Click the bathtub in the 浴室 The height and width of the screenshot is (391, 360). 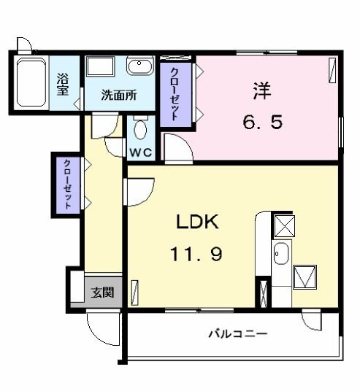pos(31,82)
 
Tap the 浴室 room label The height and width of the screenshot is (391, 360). pos(62,85)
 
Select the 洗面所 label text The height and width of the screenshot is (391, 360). pos(119,95)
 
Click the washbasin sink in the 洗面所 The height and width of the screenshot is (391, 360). pos(139,66)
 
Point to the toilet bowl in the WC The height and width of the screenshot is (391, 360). pos(140,129)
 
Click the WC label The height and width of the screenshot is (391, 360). pos(141,152)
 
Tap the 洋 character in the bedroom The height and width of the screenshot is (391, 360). pos(262,90)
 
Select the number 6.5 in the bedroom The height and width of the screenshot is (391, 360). pos(263,122)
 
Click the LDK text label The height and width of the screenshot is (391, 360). pos(197,222)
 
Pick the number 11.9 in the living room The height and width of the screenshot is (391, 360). pos(196,254)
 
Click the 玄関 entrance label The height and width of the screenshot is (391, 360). pos(103,293)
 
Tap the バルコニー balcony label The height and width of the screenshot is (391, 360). pos(238,333)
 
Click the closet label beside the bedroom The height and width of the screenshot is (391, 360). pos(175,94)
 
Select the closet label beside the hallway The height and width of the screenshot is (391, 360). pos(67,185)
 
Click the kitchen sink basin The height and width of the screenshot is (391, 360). pos(281,254)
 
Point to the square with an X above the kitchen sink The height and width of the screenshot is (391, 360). pos(285,226)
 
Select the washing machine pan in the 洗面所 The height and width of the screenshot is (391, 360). pos(100,66)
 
